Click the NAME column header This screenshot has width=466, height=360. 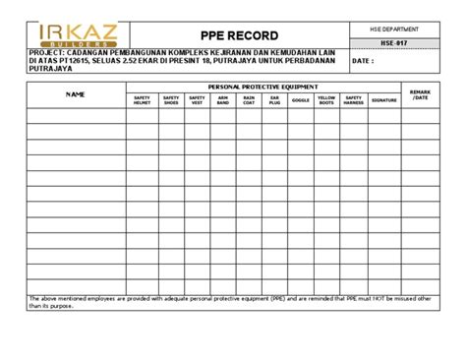pyautogui.click(x=75, y=94)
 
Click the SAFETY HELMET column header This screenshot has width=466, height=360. pyautogui.click(x=142, y=100)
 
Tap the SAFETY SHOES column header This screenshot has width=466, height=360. pyautogui.click(x=170, y=100)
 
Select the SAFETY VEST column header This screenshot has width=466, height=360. pyautogui.click(x=197, y=100)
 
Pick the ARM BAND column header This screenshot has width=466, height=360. pyautogui.click(x=222, y=100)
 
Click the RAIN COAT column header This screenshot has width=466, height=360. pyautogui.click(x=249, y=100)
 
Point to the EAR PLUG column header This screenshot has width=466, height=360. pyautogui.click(x=274, y=100)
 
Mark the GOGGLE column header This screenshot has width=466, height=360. pyautogui.click(x=300, y=100)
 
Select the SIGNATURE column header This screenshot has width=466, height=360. pyautogui.click(x=384, y=100)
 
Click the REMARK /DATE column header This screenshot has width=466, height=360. pyautogui.click(x=421, y=94)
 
